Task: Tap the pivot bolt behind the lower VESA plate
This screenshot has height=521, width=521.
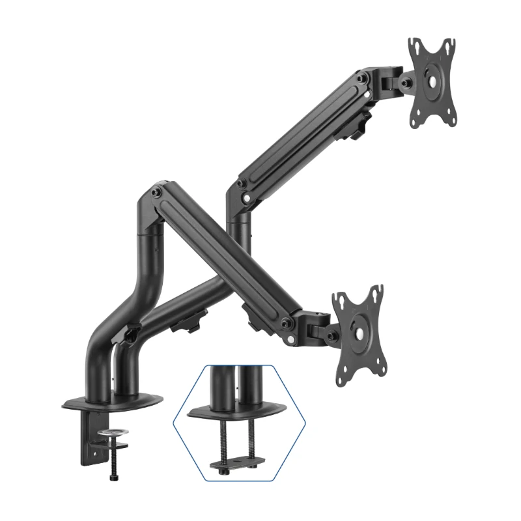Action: tap(332, 335)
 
